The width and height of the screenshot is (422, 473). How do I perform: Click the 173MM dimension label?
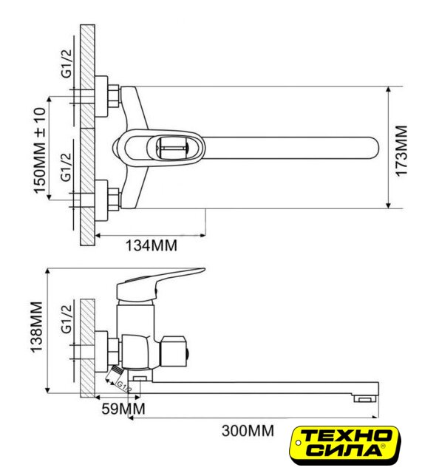pyautogui.click(x=401, y=151)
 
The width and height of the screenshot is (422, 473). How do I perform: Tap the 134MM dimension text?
pyautogui.click(x=151, y=245)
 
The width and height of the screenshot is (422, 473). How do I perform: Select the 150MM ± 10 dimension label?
pyautogui.click(x=40, y=150)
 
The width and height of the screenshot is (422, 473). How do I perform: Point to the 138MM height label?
pyautogui.click(x=36, y=327)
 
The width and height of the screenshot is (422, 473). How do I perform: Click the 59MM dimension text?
pyautogui.click(x=123, y=409)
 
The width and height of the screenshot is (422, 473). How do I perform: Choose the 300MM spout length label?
pyautogui.click(x=248, y=430)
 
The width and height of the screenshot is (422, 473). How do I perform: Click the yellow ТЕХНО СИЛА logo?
pyautogui.click(x=344, y=445)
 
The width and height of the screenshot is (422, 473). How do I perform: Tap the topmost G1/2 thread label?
pyautogui.click(x=67, y=63)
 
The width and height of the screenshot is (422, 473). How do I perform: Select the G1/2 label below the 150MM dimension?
pyautogui.click(x=67, y=167)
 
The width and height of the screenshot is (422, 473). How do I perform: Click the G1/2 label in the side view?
pyautogui.click(x=67, y=319)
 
